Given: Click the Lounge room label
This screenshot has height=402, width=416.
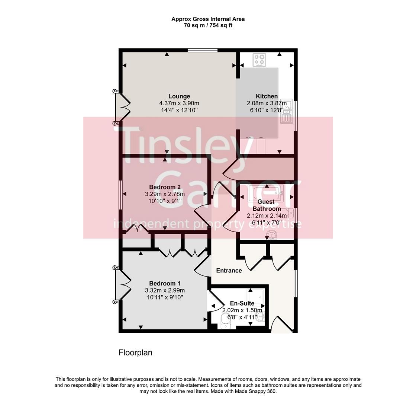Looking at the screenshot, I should (179, 96).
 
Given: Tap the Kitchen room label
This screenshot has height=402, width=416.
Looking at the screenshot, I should (267, 96).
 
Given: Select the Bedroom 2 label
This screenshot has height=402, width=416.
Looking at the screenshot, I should (165, 187).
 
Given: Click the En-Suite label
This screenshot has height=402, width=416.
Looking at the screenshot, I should (242, 303).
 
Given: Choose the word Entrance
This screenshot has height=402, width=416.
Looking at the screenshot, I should (229, 271).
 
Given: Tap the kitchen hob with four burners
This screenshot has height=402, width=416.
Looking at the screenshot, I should (259, 60).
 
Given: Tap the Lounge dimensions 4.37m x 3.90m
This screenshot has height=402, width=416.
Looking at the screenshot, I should (179, 103).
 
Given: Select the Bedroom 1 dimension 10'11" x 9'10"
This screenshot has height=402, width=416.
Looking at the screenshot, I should (165, 297).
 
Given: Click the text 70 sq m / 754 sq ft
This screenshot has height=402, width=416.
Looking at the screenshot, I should (208, 25).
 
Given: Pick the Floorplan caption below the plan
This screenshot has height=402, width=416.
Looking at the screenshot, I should (135, 352).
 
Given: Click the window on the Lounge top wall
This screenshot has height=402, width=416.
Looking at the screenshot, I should (202, 50).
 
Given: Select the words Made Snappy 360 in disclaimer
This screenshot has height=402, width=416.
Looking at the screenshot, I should (256, 391).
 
